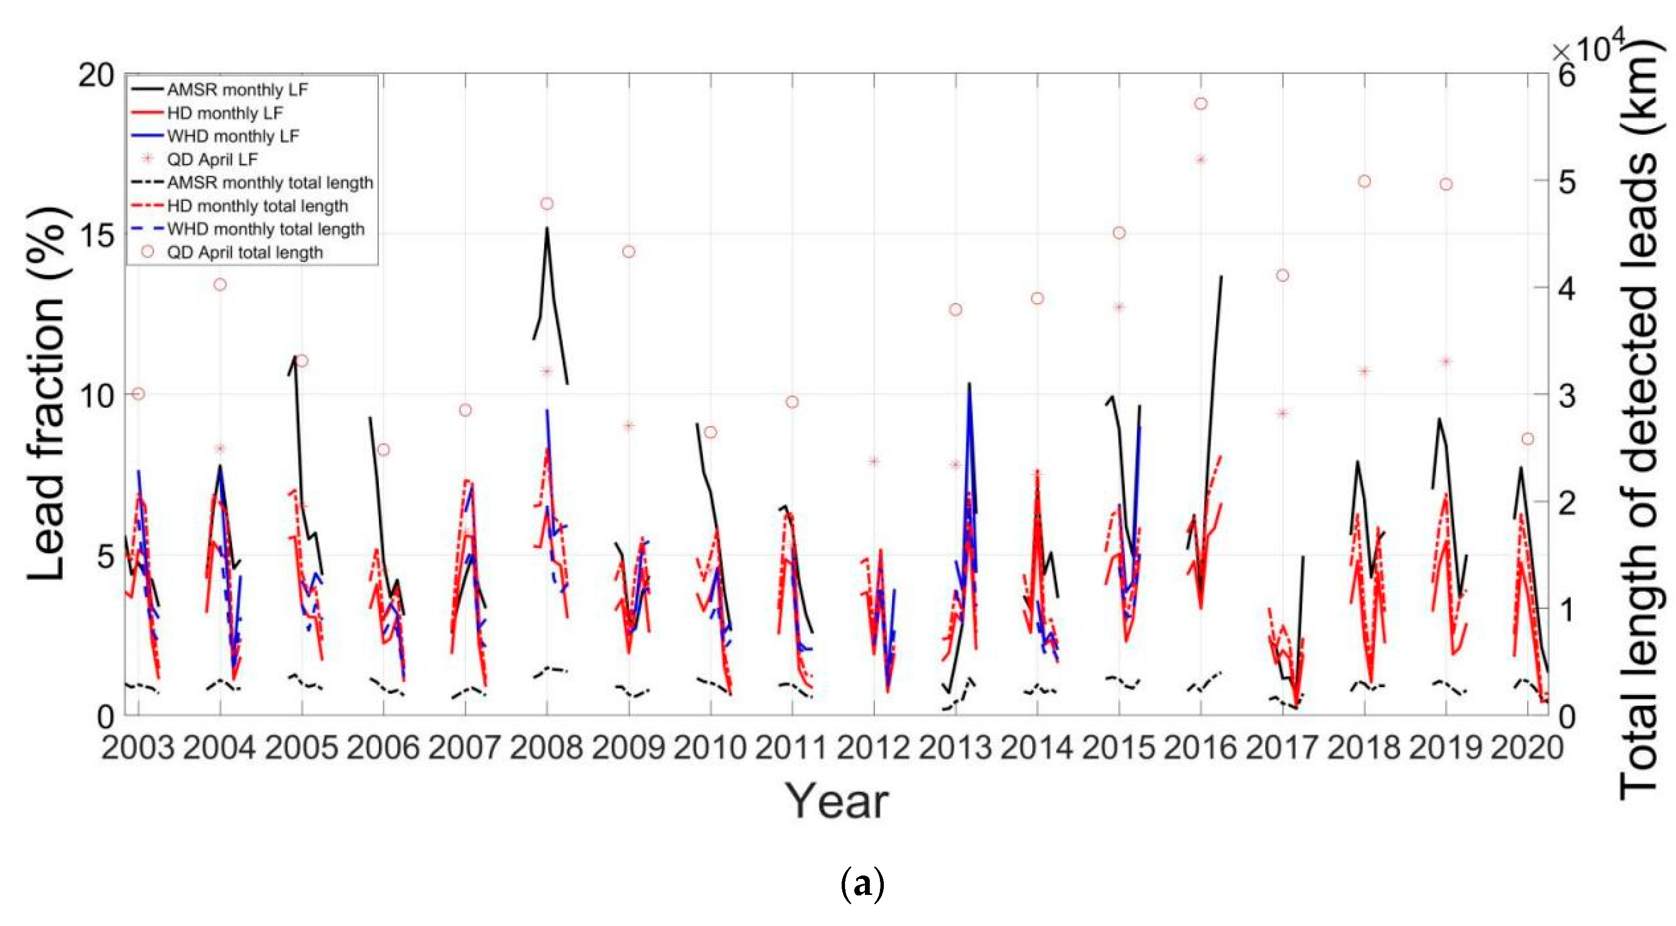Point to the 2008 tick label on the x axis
[x=547, y=748]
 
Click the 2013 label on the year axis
[x=955, y=748]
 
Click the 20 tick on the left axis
[x=97, y=76]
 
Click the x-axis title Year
[x=837, y=801]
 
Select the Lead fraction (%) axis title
[x=47, y=394]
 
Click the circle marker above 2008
[x=547, y=204]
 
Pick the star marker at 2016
[x=1201, y=160]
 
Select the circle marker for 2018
[x=1365, y=182]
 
